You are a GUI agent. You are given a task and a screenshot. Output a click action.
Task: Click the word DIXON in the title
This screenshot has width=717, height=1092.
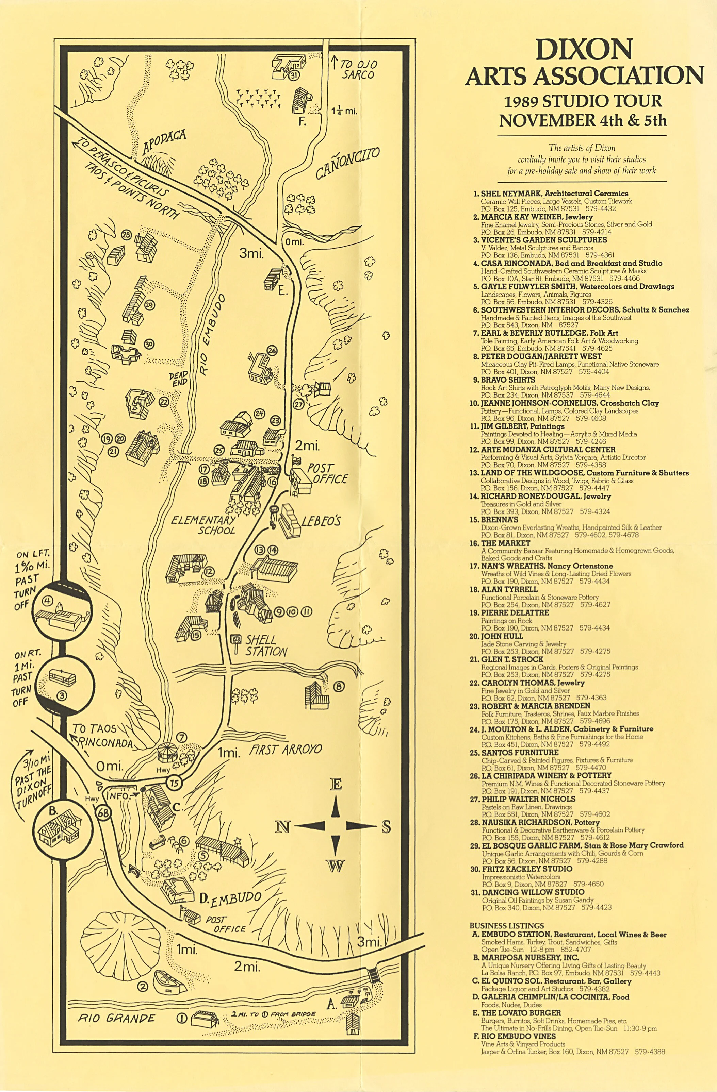pyautogui.click(x=584, y=50)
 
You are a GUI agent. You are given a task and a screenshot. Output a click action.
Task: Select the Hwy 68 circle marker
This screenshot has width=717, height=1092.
pyautogui.click(x=104, y=812)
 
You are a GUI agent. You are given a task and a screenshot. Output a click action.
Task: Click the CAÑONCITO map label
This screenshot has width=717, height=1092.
pyautogui.click(x=347, y=164)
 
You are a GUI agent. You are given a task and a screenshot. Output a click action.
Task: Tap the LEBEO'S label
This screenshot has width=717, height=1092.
pyautogui.click(x=321, y=521)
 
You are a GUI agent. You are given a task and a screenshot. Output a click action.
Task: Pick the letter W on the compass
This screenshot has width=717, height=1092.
pyautogui.click(x=336, y=866)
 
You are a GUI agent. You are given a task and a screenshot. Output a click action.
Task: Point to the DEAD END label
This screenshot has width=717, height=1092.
pyautogui.click(x=179, y=379)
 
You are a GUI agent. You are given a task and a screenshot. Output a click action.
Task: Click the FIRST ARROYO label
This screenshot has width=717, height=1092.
pyautogui.click(x=286, y=750)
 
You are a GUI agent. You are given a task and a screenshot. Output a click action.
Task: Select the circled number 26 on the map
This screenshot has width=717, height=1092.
pyautogui.click(x=272, y=351)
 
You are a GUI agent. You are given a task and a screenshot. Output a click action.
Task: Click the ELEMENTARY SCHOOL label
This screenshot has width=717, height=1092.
pyautogui.click(x=203, y=525)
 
